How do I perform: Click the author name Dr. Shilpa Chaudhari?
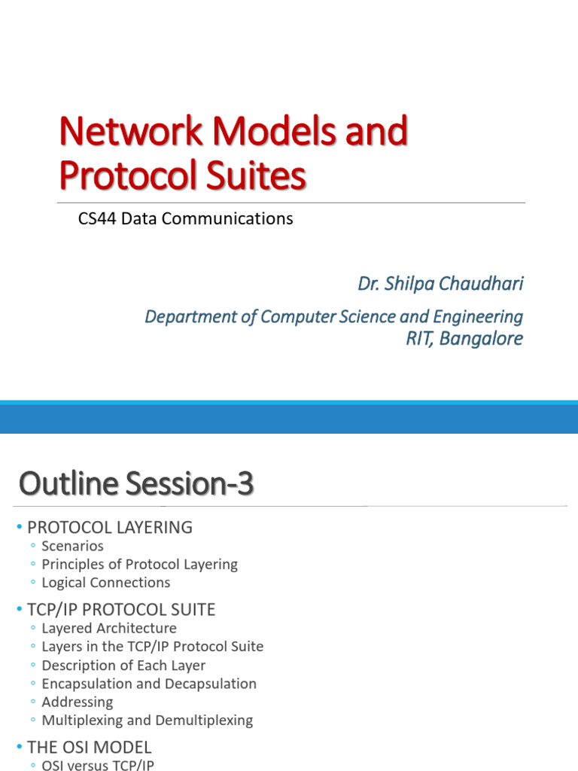[440, 285]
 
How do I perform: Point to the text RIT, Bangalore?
[464, 338]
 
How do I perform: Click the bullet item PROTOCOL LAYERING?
[110, 528]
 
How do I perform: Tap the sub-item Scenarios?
[72, 546]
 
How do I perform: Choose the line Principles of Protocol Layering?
[139, 564]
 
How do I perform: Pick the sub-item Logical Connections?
[106, 582]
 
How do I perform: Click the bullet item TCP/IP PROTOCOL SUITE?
[121, 609]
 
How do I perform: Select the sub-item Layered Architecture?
[109, 628]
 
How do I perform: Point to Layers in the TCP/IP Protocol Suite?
[153, 646]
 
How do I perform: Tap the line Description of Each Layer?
[123, 665]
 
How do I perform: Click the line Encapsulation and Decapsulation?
[149, 684]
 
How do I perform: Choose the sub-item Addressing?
[78, 702]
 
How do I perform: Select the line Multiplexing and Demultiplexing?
[148, 720]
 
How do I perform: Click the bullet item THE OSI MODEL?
[90, 747]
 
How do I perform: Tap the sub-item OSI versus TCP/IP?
[101, 765]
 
